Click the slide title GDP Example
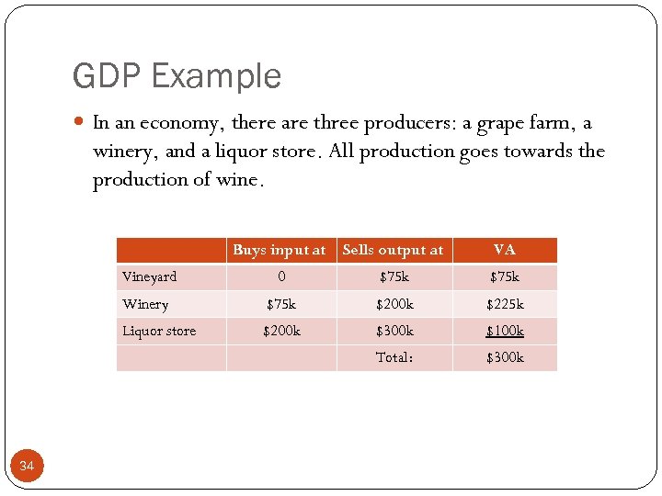pos(177,76)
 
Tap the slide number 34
pos(27,467)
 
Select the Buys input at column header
pos(279,250)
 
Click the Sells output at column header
pos(393,250)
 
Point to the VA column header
pos(504,250)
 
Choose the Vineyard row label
pos(150,276)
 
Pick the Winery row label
pos(145,304)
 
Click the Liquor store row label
pos(159,331)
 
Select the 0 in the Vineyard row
pos(281,276)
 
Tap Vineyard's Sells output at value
pos(394,276)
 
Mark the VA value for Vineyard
pos(504,276)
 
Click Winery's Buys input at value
pos(281,304)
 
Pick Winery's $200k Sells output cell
pos(394,304)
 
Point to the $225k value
pos(504,304)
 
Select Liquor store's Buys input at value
pos(281,331)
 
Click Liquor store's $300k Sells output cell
pos(394,331)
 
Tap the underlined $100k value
pos(504,331)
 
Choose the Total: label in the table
pos(394,357)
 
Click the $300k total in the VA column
pos(504,357)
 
